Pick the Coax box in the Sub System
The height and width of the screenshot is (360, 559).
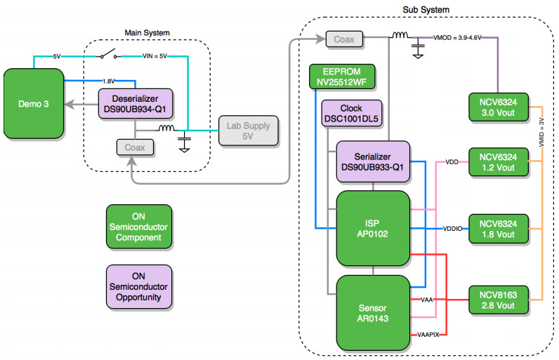coord(344,40)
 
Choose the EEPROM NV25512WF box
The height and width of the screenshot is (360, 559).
coord(342,76)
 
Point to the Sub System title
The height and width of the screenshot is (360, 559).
coord(426,9)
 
